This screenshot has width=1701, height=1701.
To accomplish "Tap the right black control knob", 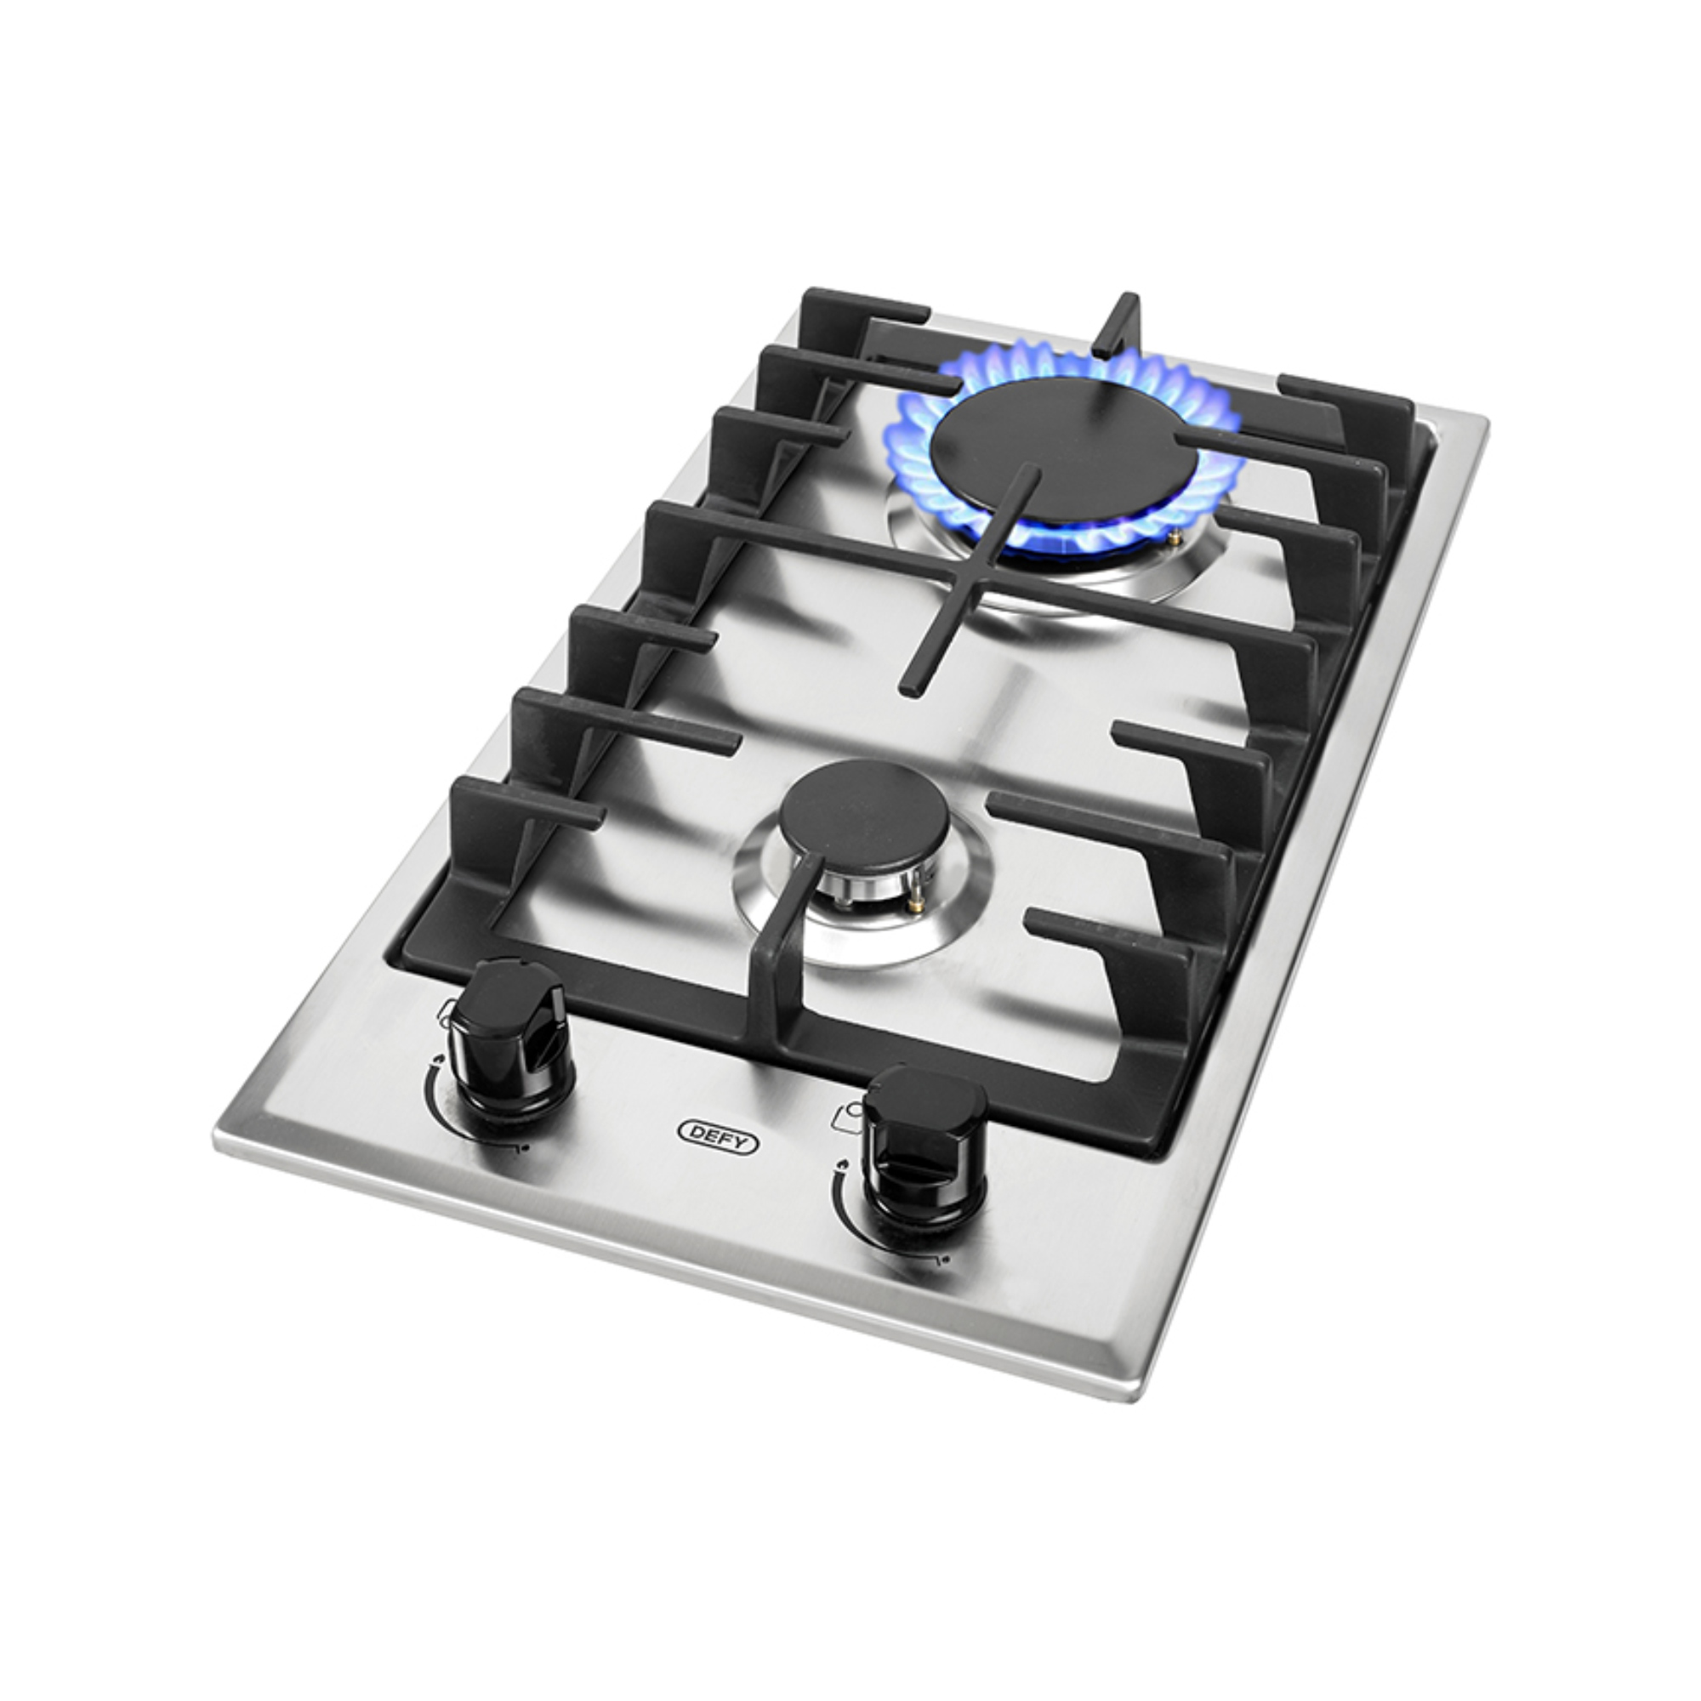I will coord(924,1145).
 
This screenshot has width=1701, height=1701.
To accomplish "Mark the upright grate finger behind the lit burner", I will coord(1120,326).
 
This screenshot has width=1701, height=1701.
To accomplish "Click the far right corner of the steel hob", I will coord(1484,423).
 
